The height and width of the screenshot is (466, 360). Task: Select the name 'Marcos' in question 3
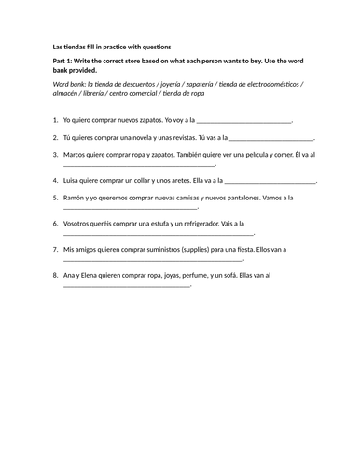[76, 154]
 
